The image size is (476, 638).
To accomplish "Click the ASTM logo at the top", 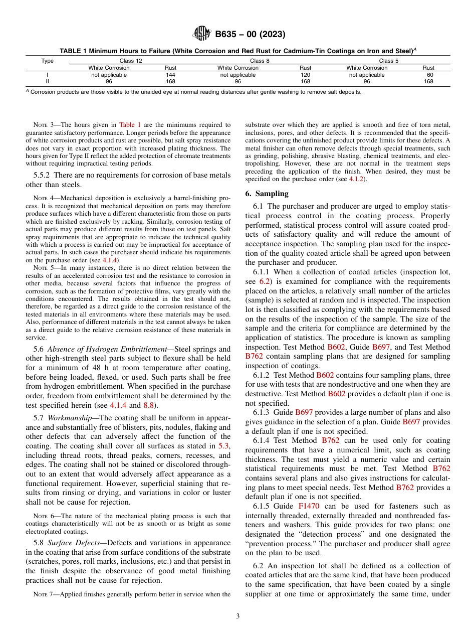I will coord(202,34).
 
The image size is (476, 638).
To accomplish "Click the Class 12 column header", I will coord(129,61).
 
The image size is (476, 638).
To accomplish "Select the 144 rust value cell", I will coord(170,74).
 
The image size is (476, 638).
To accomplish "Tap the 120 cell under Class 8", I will coord(305,74).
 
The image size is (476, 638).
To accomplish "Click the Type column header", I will coord(47,61).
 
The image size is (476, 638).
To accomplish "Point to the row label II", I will coord(47,81).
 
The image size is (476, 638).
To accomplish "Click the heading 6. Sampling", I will coord(267,194).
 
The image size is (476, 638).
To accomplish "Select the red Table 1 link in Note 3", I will coord(130,124).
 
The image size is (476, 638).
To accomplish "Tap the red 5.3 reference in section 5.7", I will coord(225,445).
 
